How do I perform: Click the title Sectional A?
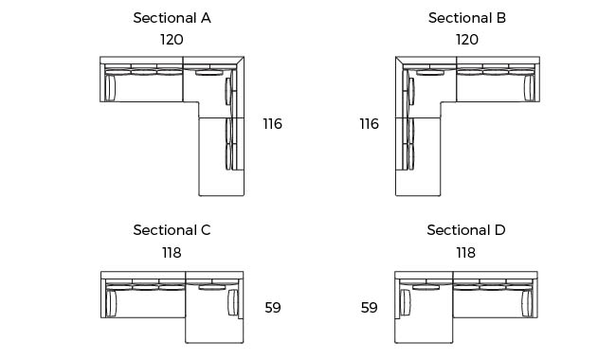[x=172, y=18]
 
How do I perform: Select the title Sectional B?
[x=467, y=18]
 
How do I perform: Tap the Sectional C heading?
[x=172, y=230]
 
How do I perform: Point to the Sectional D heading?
[x=466, y=230]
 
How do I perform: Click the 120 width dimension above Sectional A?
[x=172, y=40]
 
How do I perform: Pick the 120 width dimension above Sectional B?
[x=467, y=40]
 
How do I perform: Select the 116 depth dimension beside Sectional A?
[x=273, y=124]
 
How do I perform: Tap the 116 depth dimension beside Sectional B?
[x=370, y=124]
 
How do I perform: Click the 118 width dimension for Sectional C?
[x=172, y=253]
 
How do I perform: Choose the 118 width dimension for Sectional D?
[x=466, y=253]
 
